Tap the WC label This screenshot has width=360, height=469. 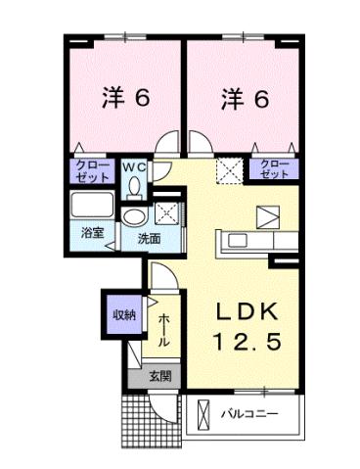pyautogui.click(x=134, y=167)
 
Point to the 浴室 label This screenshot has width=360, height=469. pyautogui.click(x=91, y=234)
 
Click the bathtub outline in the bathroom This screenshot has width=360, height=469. pyautogui.click(x=93, y=207)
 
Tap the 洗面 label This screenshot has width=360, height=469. pyautogui.click(x=149, y=238)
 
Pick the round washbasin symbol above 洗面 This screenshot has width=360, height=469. pyautogui.click(x=134, y=215)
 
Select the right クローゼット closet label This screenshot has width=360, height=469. pyautogui.click(x=275, y=168)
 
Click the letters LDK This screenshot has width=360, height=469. pyautogui.click(x=248, y=312)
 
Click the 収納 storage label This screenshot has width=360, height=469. pyautogui.click(x=123, y=314)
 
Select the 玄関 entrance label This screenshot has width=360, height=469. pyautogui.click(x=160, y=375)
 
